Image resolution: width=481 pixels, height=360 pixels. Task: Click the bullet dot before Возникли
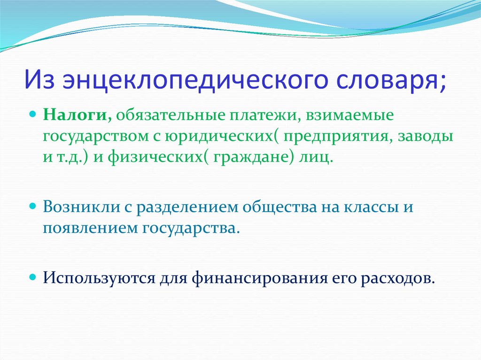pos(33,207)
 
